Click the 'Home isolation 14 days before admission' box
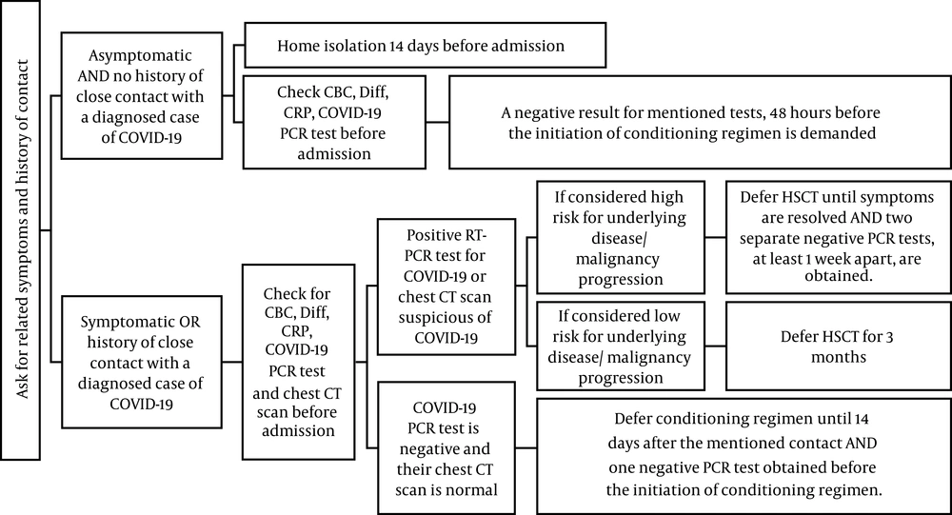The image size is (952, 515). pos(425,45)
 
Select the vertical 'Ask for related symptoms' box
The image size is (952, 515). pos(20,229)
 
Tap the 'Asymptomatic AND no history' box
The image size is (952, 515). pos(142,96)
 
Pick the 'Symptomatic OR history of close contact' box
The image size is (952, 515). pos(142,362)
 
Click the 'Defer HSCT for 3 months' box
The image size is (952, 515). pos(839,347)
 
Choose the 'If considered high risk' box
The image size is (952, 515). pos(620,237)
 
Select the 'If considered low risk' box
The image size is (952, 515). pos(620,347)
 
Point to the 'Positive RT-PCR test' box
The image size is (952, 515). pos(446,287)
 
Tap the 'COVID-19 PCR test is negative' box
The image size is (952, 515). pos(446,448)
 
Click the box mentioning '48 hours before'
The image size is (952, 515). pos(700,122)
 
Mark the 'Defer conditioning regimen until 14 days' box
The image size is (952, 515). pos(744,455)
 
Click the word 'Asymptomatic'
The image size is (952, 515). pos(140,55)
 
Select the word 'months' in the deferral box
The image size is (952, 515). pos(839,356)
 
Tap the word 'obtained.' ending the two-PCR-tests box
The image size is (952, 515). pos(838,276)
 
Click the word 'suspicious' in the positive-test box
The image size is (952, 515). pos(445,317)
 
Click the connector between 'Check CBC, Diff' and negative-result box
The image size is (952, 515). pos(437,122)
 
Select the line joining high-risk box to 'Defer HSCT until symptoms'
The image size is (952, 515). pos(715,237)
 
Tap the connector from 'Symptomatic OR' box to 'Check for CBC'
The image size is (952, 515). pos(232,362)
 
